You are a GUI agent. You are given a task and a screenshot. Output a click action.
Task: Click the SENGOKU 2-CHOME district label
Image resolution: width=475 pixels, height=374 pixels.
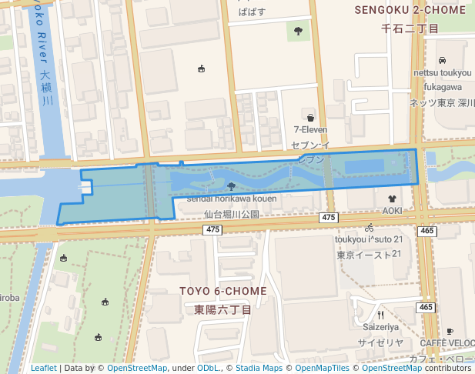click(410, 10)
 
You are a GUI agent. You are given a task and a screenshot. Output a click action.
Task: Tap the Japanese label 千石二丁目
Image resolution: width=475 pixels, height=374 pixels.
click(410, 28)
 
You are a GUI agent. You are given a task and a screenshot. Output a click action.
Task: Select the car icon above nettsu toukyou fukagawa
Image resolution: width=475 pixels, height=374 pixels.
click(442, 61)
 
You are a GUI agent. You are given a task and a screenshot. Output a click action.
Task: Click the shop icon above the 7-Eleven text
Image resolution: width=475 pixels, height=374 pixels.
click(310, 118)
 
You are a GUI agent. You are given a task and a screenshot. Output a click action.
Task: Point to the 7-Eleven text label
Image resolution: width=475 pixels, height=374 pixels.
click(310, 130)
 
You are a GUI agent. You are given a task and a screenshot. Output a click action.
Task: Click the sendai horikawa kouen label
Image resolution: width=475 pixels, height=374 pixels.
click(231, 199)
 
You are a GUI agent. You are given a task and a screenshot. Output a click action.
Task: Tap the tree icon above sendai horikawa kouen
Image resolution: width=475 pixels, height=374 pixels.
click(232, 185)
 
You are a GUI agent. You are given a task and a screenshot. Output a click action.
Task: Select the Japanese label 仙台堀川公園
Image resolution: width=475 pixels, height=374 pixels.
click(232, 215)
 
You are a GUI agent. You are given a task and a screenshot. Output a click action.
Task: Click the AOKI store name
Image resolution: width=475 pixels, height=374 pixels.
click(393, 210)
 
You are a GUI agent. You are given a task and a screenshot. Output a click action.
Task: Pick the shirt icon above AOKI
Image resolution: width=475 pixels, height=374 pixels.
click(393, 198)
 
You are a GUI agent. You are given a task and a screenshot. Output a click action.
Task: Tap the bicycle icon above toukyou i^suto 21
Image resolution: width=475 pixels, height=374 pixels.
click(370, 228)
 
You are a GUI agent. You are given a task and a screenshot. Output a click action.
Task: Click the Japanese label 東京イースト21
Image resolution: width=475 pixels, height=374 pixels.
click(370, 255)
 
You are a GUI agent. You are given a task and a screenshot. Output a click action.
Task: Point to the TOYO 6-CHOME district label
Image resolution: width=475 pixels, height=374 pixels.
click(222, 291)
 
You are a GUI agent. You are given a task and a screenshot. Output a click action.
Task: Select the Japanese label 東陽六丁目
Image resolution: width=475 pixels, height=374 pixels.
click(222, 309)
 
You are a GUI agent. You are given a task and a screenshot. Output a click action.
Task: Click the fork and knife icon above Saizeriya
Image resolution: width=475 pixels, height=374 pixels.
click(380, 315)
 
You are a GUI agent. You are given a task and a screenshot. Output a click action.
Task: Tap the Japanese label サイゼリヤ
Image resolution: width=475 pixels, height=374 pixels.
click(380, 342)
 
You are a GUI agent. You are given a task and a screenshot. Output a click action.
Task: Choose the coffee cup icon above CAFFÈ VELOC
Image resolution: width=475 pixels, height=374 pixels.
click(450, 332)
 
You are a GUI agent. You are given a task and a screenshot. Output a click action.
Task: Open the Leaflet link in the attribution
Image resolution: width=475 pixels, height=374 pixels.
click(44, 368)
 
